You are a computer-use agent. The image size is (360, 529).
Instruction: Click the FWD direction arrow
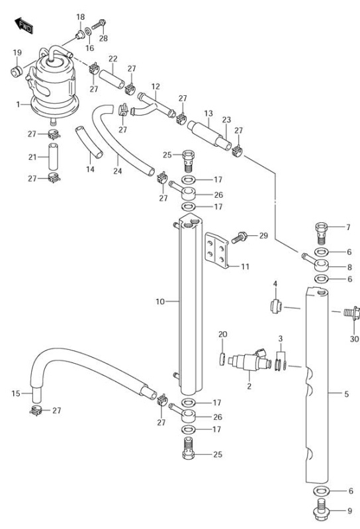pos(24,26)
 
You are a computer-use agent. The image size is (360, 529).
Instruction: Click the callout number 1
pos(19,104)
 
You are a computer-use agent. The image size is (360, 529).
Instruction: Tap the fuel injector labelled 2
pos(249,361)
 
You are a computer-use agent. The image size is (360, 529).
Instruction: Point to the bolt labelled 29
pos(240,237)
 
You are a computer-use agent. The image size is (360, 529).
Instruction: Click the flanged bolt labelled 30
pos(352,313)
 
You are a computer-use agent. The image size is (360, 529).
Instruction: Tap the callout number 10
pos(159,302)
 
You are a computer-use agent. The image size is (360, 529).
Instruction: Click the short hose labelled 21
pos(53,157)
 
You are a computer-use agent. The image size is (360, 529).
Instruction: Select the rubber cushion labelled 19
pos(16,71)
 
